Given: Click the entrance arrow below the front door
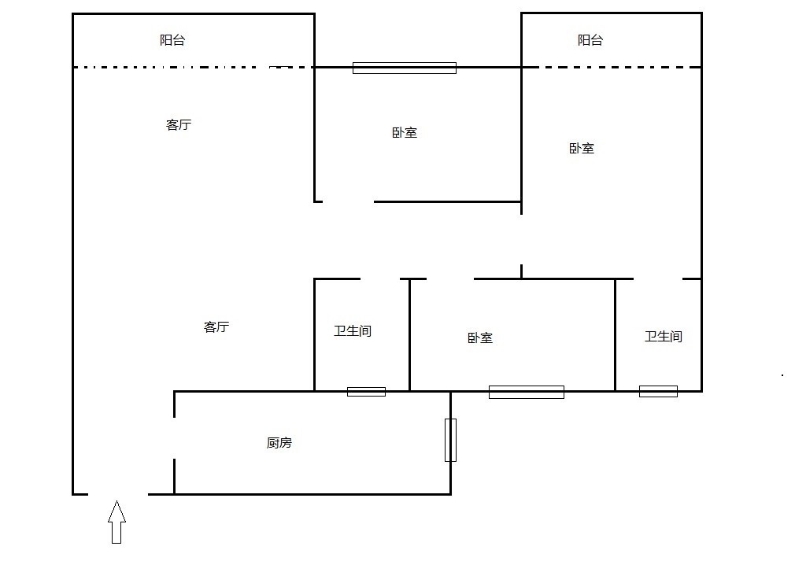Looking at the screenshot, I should click(116, 522).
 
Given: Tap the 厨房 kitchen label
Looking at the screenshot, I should click(279, 443).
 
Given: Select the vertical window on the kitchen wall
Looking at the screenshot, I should click(450, 440).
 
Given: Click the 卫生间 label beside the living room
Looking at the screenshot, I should click(353, 331).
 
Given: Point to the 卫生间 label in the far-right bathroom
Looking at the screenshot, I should click(664, 337).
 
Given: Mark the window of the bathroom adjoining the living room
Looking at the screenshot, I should click(366, 391).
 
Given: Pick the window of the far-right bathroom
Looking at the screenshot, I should click(658, 391).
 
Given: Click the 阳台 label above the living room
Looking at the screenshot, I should click(172, 40).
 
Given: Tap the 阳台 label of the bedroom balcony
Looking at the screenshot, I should click(590, 40).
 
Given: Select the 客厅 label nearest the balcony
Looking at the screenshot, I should click(179, 124).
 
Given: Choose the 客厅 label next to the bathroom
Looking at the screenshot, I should click(216, 327).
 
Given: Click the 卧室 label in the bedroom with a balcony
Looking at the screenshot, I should click(582, 148).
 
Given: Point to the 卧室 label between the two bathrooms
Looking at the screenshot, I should click(480, 338).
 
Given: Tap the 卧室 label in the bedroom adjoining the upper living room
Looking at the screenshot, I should click(405, 133).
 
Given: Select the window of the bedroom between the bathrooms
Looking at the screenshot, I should click(526, 392).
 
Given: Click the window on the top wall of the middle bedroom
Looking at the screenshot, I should click(404, 68).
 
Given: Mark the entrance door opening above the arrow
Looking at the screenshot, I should click(118, 494).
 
